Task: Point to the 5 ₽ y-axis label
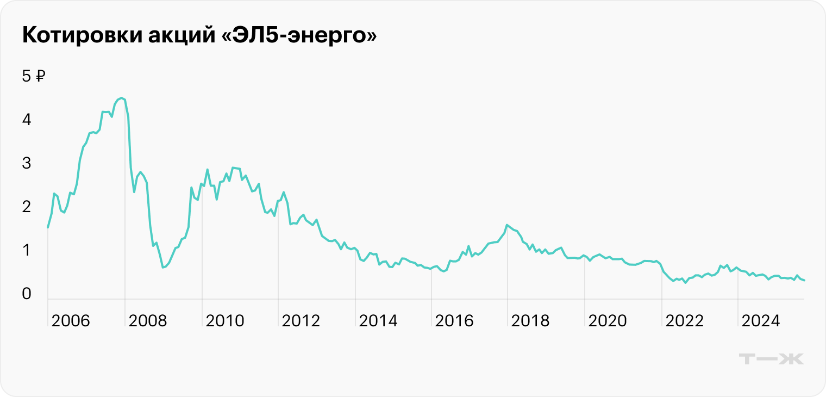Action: pyautogui.click(x=34, y=76)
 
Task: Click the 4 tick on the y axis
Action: pyautogui.click(x=26, y=120)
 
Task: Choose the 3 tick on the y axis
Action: pyautogui.click(x=26, y=163)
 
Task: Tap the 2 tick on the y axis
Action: pyautogui.click(x=26, y=207)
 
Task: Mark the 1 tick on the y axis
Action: pyautogui.click(x=26, y=251)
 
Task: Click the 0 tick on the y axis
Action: pyautogui.click(x=26, y=294)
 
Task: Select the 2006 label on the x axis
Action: pyautogui.click(x=71, y=321)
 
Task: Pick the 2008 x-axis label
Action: pyautogui.click(x=148, y=321)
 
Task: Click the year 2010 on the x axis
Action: pyautogui.click(x=225, y=321)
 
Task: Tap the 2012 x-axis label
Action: pyautogui.click(x=302, y=321)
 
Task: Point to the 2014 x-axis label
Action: pyautogui.click(x=378, y=321)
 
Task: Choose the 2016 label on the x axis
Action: pyautogui.click(x=455, y=321)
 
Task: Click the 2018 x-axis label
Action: pyautogui.click(x=531, y=321)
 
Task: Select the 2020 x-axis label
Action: pyautogui.click(x=608, y=321)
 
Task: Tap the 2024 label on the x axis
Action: pyautogui.click(x=761, y=321)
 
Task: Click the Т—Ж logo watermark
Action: pyautogui.click(x=772, y=358)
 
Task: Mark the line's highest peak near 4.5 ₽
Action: pyautogui.click(x=122, y=98)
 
